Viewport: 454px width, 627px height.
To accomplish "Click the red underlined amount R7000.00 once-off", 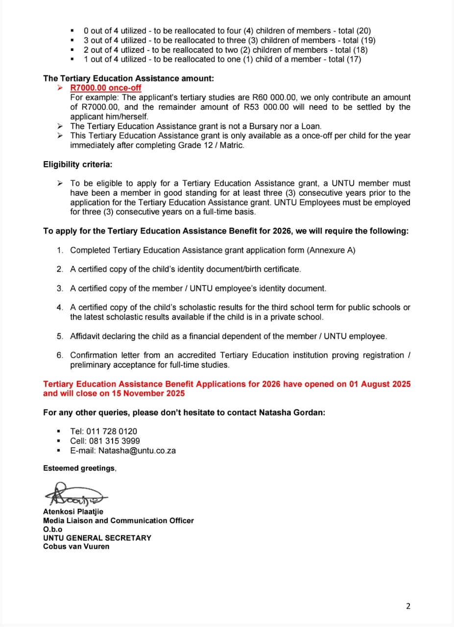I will [106, 88].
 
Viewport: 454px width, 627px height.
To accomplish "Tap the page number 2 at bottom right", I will [408, 606].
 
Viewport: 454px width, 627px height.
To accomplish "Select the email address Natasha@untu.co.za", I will [137, 450].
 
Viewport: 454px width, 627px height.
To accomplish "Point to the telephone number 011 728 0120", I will [112, 431].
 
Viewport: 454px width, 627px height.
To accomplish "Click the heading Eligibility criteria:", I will [78, 164].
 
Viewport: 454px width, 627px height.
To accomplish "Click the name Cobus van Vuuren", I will [76, 546].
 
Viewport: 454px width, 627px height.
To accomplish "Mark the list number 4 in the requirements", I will [60, 308].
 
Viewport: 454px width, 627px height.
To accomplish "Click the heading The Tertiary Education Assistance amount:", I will [128, 78].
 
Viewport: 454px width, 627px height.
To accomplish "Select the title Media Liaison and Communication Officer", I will [118, 520].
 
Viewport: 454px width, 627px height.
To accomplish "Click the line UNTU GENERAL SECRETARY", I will [97, 537].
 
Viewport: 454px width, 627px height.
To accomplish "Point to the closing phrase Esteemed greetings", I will [79, 468].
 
